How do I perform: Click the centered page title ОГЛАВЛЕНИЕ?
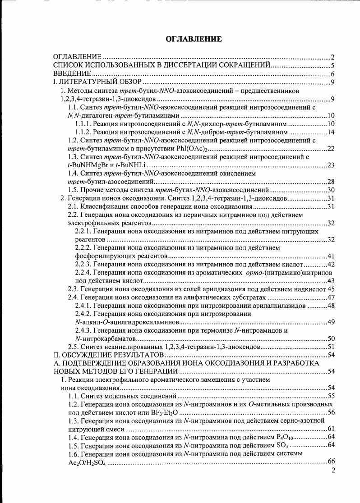click(194, 39)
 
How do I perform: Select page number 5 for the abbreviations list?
click(332, 66)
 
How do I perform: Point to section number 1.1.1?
click(83, 123)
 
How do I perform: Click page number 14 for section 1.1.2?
click(330, 132)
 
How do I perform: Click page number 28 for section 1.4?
click(330, 182)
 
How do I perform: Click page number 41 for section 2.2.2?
click(330, 256)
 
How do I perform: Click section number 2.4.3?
click(83, 330)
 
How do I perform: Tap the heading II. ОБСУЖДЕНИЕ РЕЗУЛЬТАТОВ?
click(106, 355)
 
